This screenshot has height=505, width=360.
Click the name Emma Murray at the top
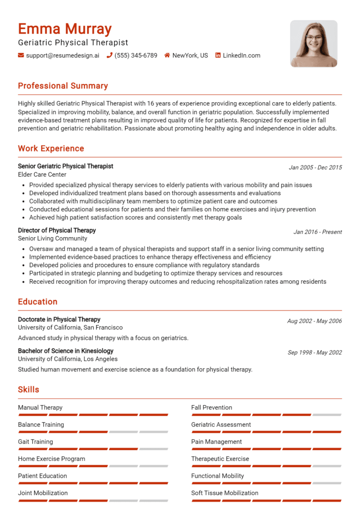click(x=65, y=29)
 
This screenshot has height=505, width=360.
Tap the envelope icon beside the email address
click(x=21, y=55)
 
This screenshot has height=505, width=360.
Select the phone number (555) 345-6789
click(x=136, y=55)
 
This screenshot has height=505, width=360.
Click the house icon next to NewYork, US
click(x=167, y=55)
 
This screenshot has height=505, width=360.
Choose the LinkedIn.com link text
click(x=241, y=55)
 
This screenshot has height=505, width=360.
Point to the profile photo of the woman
click(x=314, y=44)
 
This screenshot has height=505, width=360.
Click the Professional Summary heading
click(x=63, y=86)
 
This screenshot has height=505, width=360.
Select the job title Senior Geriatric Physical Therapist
click(x=66, y=166)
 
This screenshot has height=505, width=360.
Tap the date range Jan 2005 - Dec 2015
click(x=315, y=167)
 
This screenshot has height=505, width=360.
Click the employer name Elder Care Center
click(x=42, y=175)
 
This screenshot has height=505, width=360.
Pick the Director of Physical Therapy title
click(x=57, y=230)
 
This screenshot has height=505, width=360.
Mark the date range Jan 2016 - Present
click(x=318, y=232)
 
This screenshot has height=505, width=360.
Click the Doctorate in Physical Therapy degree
click(x=59, y=319)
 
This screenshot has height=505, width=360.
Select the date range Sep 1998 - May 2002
click(x=315, y=352)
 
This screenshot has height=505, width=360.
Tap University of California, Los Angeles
click(x=68, y=359)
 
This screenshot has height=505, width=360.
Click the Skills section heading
click(x=29, y=390)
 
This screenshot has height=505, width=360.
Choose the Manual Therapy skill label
click(x=40, y=408)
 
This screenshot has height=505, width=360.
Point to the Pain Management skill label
click(x=217, y=442)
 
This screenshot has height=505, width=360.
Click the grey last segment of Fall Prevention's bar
click(x=327, y=415)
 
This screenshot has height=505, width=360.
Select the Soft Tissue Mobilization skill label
click(x=225, y=493)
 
